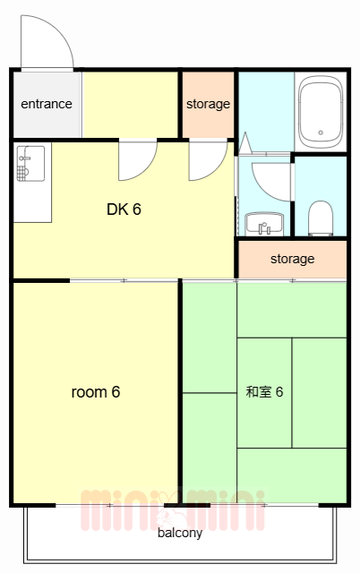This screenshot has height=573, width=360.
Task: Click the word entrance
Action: tap(47, 104)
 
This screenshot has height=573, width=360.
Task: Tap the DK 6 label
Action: tap(124, 210)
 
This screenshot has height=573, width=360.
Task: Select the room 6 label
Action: tap(96, 392)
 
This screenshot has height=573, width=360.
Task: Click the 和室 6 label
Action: tap(264, 392)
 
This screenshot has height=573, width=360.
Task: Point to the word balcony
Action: tap(180, 533)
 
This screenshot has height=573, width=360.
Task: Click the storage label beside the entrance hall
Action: tap(208, 104)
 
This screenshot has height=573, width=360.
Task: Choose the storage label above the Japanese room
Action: tap(292, 259)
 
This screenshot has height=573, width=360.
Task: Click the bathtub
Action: tap(321, 112)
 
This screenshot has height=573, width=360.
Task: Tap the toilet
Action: tap(321, 218)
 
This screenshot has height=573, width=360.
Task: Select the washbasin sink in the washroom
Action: tap(264, 224)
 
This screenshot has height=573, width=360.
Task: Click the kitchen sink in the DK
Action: tap(30, 164)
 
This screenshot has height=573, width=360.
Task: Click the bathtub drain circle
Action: tap(321, 133)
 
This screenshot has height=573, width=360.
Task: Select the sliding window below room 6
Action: tap(109, 505)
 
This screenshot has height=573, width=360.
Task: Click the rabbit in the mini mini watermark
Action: tap(169, 509)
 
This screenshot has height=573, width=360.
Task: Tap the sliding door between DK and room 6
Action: tap(124, 280)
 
